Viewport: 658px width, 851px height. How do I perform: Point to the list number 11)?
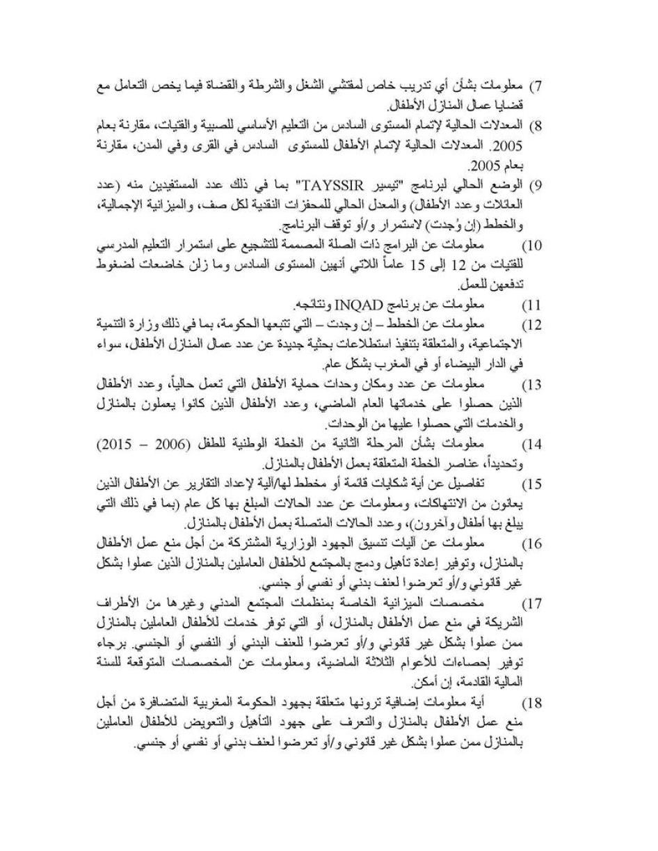tap(531, 305)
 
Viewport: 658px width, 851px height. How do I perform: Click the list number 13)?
tap(531, 385)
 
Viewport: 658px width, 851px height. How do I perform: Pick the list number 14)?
tap(531, 444)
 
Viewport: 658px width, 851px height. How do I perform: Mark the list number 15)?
tap(531, 484)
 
